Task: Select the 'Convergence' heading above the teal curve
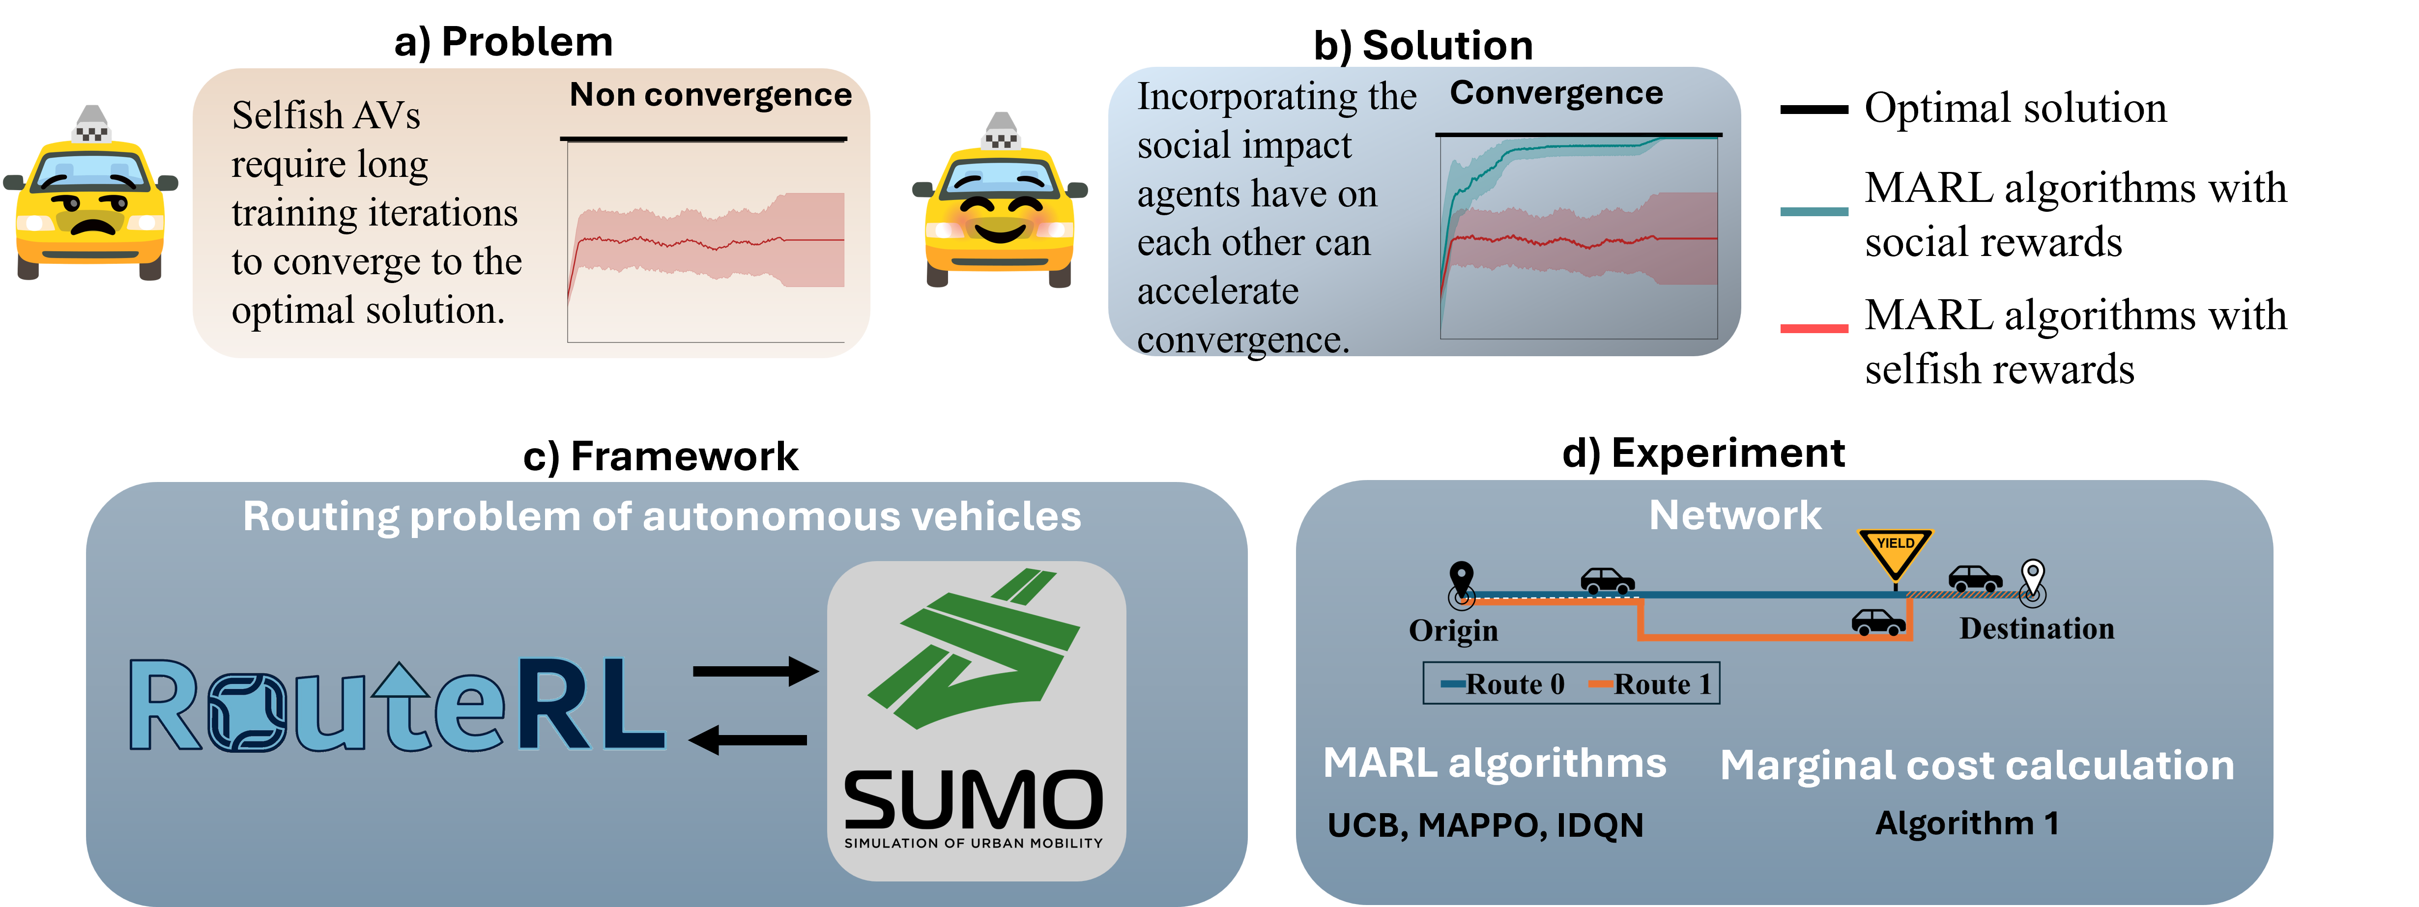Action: point(1556,93)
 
